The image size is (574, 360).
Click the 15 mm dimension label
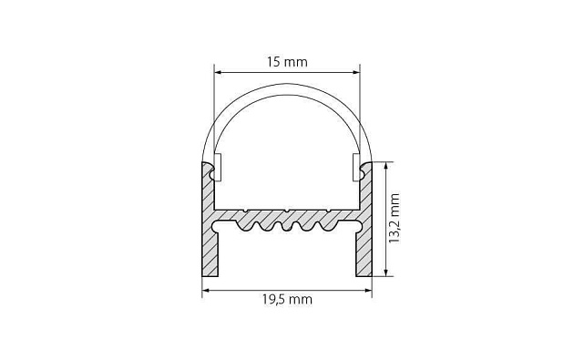(x=287, y=62)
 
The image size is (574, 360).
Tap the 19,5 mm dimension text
(x=287, y=300)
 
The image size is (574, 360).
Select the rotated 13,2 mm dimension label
(x=395, y=218)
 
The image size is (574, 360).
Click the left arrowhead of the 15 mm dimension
(x=218, y=73)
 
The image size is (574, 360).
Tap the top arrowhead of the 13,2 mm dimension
(x=385, y=166)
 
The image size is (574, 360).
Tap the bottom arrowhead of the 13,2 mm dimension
(x=385, y=272)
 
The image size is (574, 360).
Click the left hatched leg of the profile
(x=210, y=252)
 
